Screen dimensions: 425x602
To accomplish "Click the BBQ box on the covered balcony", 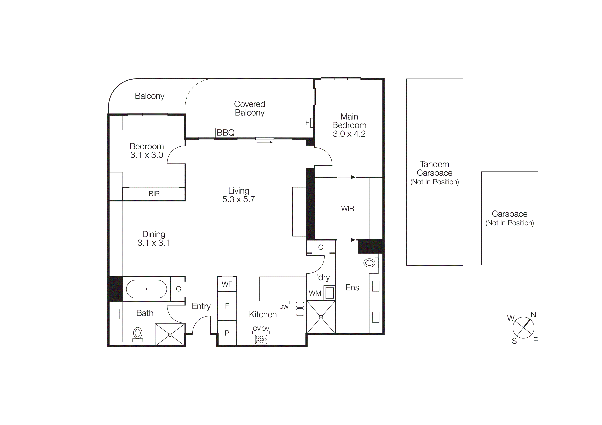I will click(x=225, y=133).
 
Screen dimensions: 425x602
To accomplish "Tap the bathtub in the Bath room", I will click(x=146, y=289).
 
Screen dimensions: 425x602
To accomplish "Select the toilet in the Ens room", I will click(x=370, y=263).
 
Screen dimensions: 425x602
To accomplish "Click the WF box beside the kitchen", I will click(x=227, y=284).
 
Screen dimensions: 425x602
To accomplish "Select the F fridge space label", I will click(x=227, y=306).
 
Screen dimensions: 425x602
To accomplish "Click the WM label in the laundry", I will click(x=315, y=293).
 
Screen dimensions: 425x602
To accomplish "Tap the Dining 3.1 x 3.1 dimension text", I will click(x=153, y=243).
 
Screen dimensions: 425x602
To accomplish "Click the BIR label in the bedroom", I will click(x=154, y=194).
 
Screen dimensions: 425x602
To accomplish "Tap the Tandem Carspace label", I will click(x=435, y=169).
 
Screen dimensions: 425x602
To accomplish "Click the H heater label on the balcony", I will click(x=307, y=123).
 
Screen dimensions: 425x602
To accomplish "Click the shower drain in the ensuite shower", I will click(x=321, y=317).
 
